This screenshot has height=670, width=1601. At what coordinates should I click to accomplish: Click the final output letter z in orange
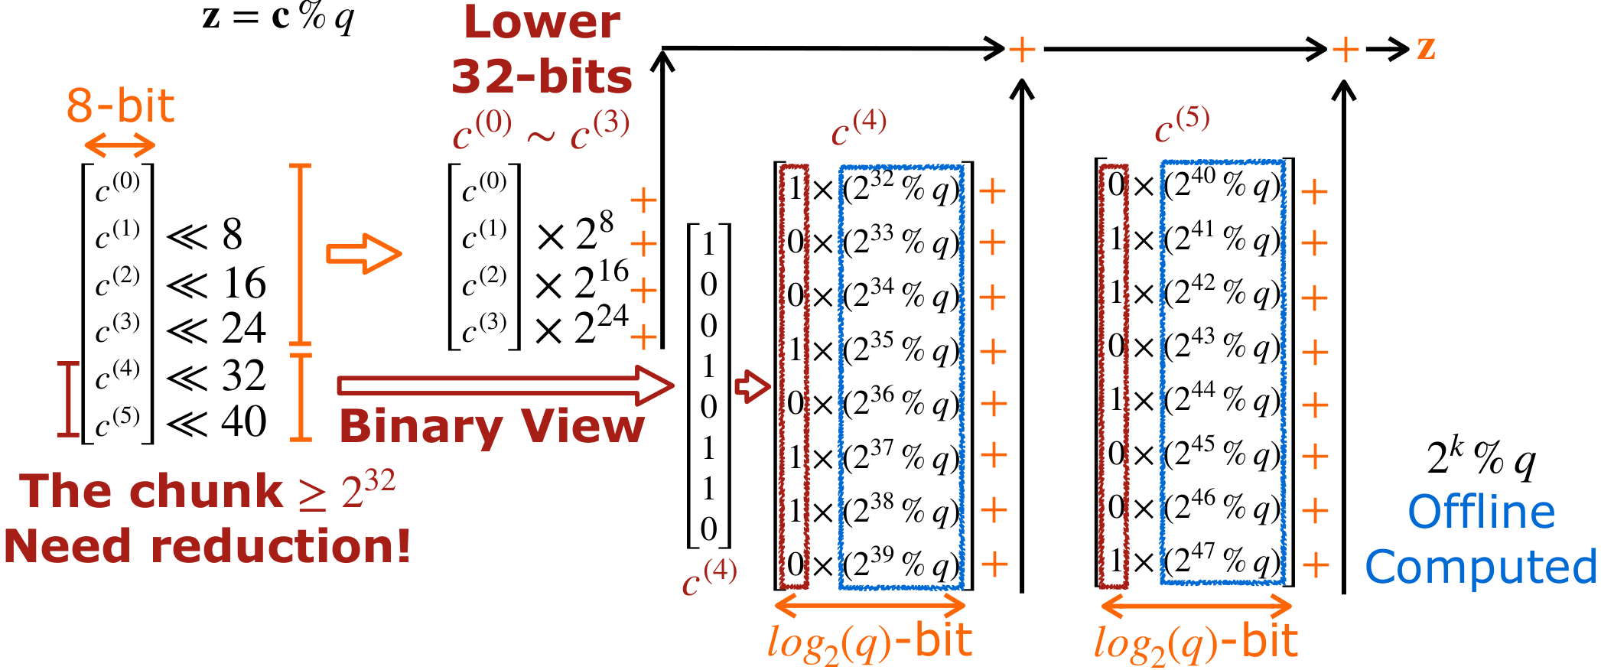click(x=1426, y=48)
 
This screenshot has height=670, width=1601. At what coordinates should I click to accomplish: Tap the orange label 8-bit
click(x=120, y=106)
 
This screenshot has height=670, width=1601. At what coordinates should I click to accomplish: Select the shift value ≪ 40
click(x=216, y=422)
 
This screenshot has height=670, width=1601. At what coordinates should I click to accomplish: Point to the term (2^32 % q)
click(x=901, y=188)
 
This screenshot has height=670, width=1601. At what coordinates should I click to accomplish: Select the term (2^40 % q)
click(x=1222, y=185)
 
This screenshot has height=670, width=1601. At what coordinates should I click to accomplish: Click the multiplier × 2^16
click(x=581, y=281)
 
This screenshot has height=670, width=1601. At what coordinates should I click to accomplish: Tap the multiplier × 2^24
click(x=581, y=327)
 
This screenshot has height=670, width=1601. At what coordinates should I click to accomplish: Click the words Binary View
click(x=492, y=426)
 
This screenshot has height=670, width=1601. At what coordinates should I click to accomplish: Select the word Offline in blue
click(x=1481, y=512)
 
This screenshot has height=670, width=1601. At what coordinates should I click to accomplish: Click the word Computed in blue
click(x=1481, y=567)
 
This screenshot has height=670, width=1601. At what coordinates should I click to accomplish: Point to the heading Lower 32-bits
click(x=542, y=50)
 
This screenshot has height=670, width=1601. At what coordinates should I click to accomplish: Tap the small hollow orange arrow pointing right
click(x=363, y=254)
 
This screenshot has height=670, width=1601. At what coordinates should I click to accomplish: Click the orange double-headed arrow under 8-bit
click(x=120, y=145)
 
